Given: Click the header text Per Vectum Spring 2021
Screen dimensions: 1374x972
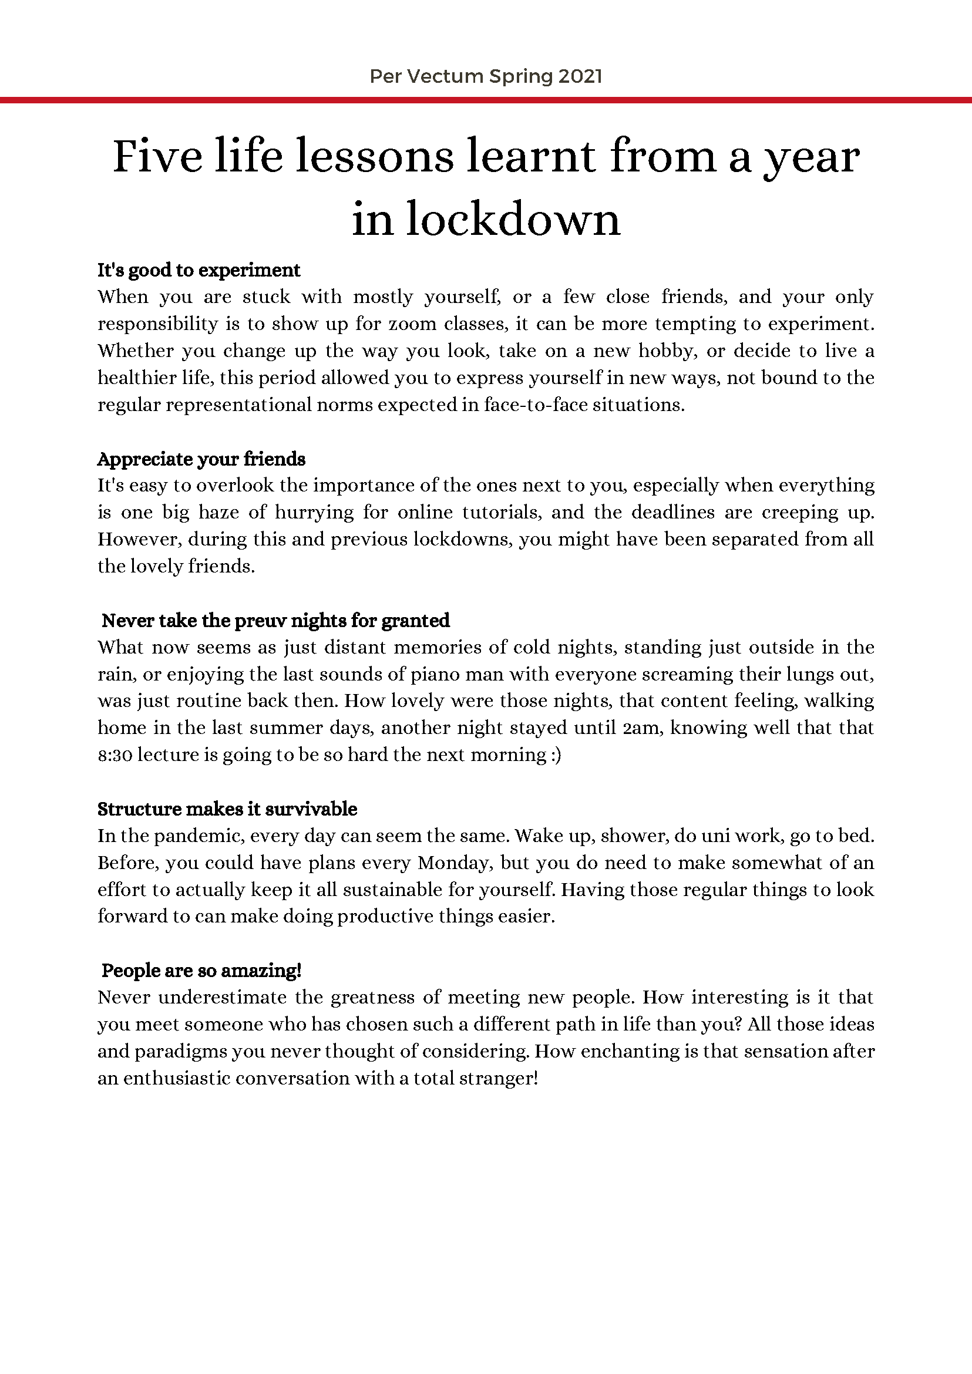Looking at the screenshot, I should [x=485, y=76].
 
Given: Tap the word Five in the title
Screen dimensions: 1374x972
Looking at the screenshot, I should [x=157, y=157].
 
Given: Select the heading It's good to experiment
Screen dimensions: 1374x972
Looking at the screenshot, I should [x=199, y=270].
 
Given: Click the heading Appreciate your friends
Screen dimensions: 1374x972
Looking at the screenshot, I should [x=201, y=459].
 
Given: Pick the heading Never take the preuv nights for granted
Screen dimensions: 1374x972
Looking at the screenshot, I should [x=275, y=621].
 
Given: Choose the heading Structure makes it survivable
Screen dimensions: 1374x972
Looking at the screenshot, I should [x=227, y=809].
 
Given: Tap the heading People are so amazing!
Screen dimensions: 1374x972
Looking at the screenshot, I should [x=201, y=971].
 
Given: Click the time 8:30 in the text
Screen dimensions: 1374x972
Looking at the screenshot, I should [x=115, y=755].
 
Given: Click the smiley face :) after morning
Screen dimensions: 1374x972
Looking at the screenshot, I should [x=556, y=755].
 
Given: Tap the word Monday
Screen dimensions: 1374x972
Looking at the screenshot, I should [x=452, y=863].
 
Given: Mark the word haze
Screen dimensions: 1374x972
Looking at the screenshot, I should [x=227, y=513].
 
